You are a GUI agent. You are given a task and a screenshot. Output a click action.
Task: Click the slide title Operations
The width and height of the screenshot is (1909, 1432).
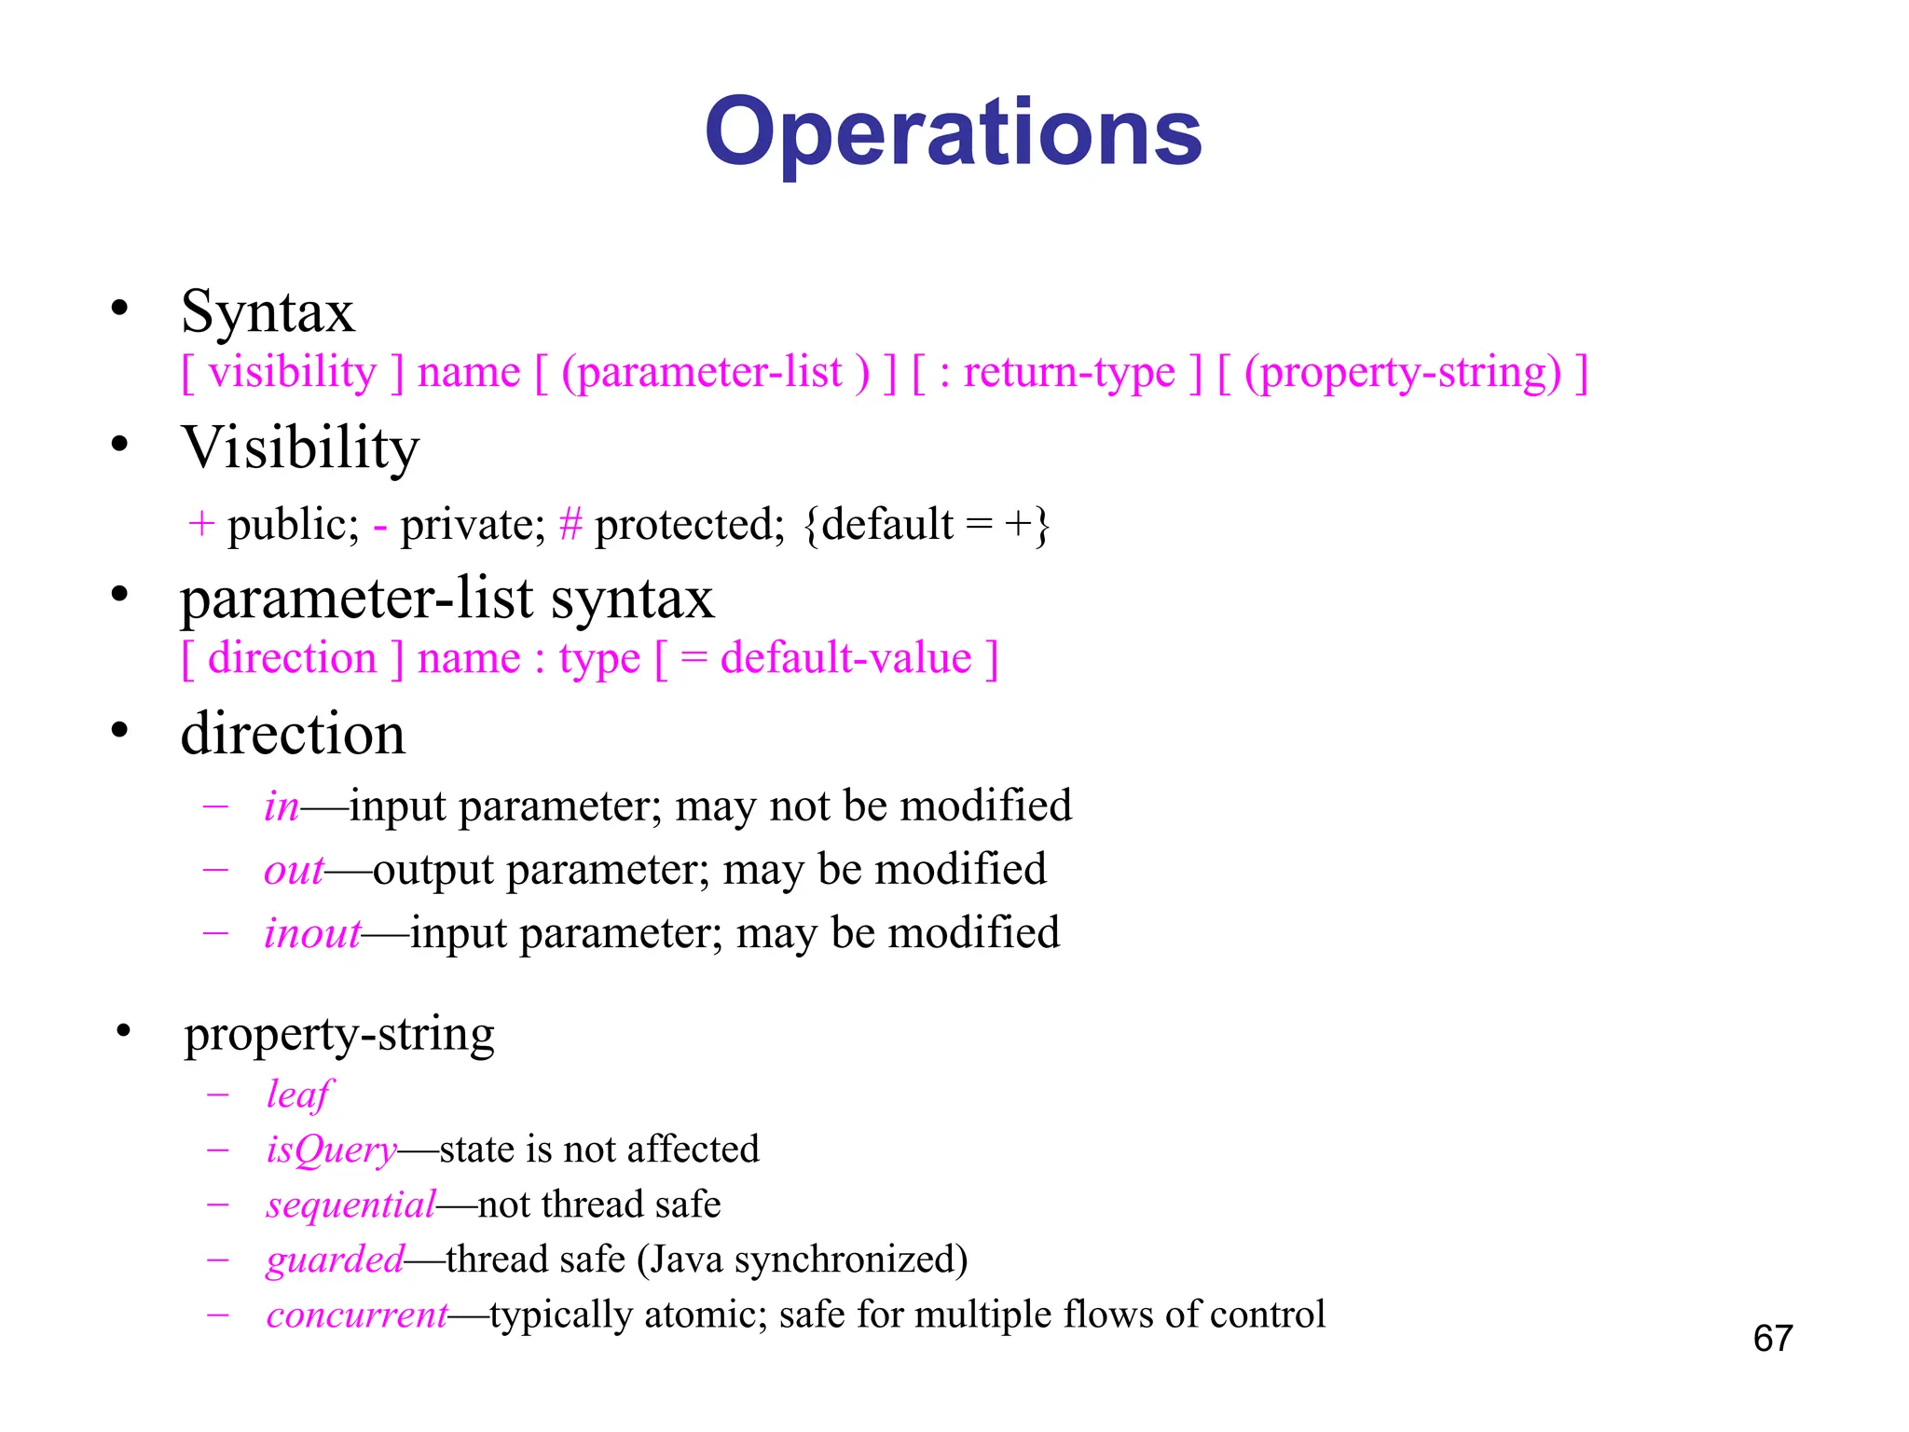pyautogui.click(x=953, y=132)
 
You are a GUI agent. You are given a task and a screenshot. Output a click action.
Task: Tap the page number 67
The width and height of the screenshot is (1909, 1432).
pyautogui.click(x=1772, y=1339)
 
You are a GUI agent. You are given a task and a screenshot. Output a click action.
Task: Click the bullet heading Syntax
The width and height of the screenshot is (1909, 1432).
pyautogui.click(x=268, y=311)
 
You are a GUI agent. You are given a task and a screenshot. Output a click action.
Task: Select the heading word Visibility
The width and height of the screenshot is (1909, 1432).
pyautogui.click(x=300, y=447)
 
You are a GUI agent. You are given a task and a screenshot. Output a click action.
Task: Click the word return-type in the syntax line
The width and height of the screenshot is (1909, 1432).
pyautogui.click(x=1068, y=373)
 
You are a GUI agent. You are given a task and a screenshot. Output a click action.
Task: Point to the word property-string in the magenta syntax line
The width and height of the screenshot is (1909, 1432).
pyautogui.click(x=1402, y=373)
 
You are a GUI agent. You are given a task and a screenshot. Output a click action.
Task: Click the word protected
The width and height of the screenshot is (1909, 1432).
pyautogui.click(x=689, y=525)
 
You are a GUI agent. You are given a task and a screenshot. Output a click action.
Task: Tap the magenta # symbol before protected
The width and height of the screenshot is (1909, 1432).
pyautogui.click(x=570, y=524)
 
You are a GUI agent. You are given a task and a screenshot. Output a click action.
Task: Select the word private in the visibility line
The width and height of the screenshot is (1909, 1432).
pyautogui.click(x=472, y=525)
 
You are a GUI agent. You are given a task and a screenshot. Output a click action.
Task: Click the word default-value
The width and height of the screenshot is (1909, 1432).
pyautogui.click(x=845, y=659)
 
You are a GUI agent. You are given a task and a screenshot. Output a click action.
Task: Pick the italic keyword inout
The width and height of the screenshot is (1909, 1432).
pyautogui.click(x=311, y=933)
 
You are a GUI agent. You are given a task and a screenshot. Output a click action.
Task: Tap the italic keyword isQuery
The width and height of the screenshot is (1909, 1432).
pyautogui.click(x=331, y=1150)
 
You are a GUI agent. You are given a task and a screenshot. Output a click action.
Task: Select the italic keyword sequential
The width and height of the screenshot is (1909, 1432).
pyautogui.click(x=350, y=1205)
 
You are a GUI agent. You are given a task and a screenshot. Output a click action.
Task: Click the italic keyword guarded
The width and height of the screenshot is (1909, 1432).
pyautogui.click(x=335, y=1260)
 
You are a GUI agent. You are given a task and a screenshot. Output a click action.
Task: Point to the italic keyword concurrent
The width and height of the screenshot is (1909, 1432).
pyautogui.click(x=357, y=1315)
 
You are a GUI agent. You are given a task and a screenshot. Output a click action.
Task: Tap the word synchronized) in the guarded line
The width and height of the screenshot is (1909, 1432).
pyautogui.click(x=851, y=1260)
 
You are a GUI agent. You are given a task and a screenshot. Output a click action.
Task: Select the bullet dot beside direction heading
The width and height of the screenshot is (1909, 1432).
pyautogui.click(x=119, y=730)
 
